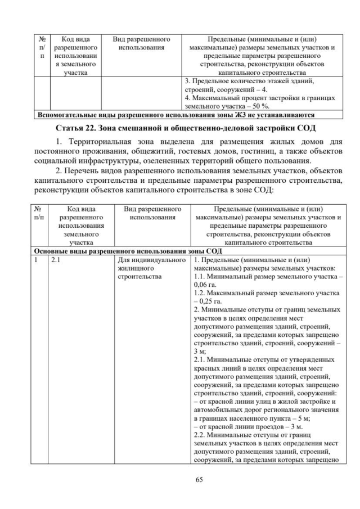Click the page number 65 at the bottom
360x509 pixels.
(180, 479)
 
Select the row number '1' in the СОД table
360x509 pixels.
(37, 261)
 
